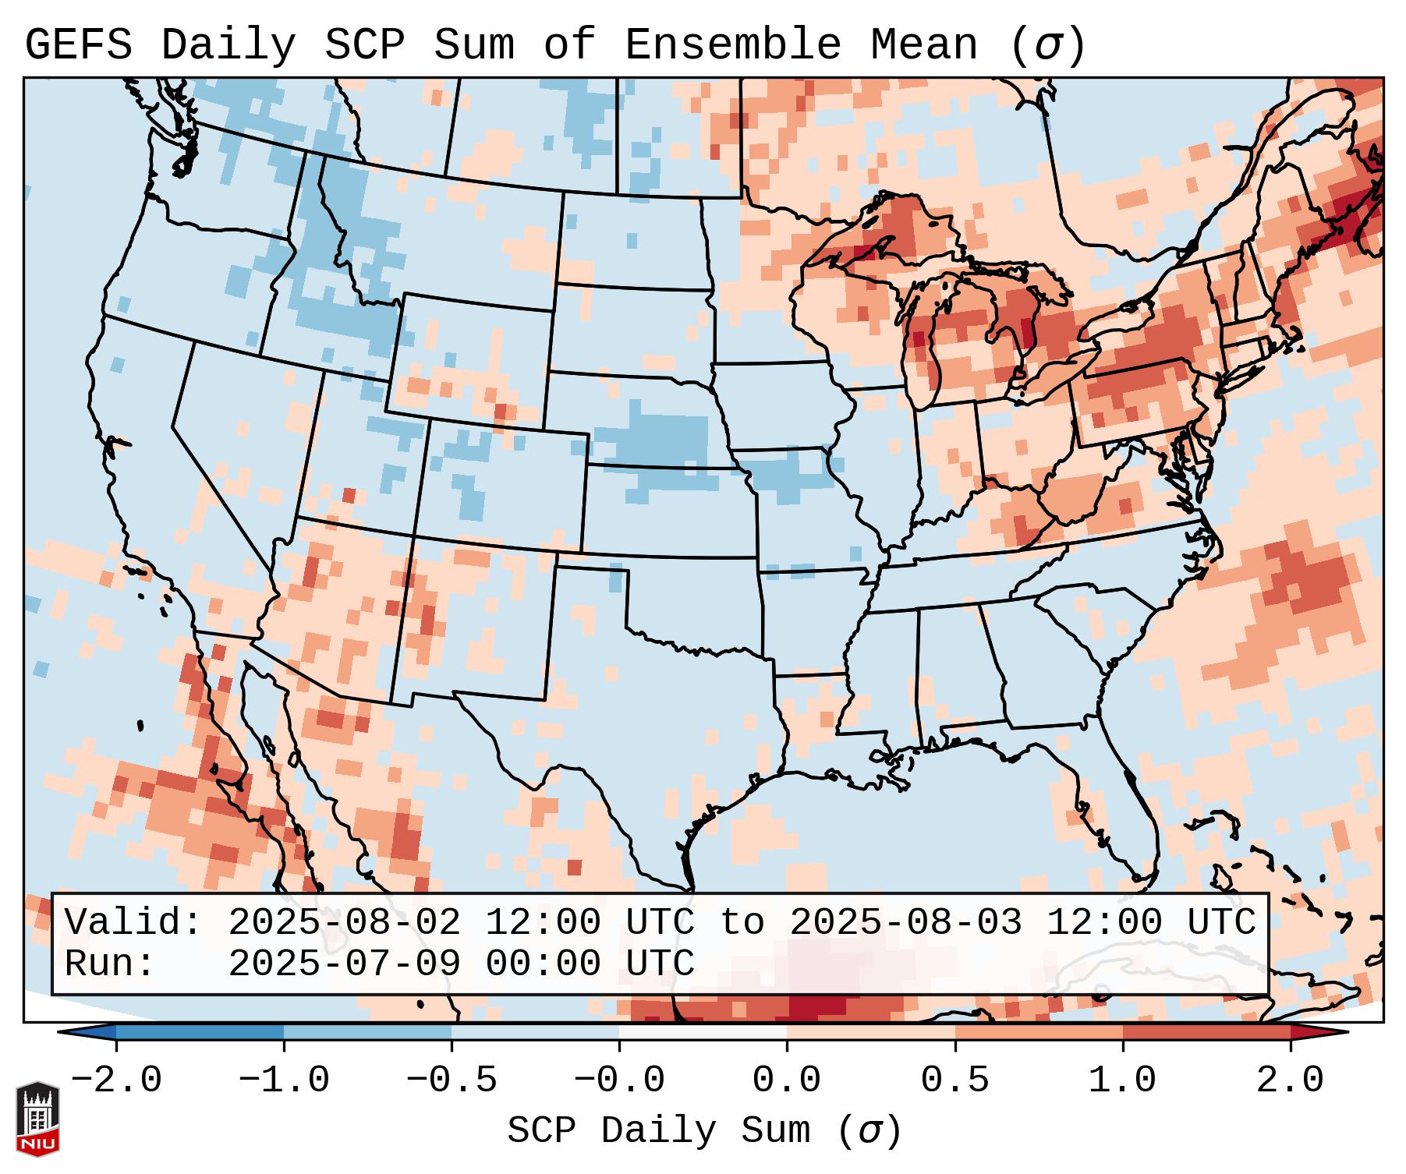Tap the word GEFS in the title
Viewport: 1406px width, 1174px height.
(78, 45)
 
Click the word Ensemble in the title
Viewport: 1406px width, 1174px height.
(733, 45)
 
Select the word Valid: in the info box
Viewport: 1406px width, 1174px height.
(133, 922)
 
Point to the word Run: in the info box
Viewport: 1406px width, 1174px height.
(110, 964)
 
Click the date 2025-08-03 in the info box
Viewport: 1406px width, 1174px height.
(905, 922)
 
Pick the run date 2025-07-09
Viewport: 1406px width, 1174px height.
(344, 964)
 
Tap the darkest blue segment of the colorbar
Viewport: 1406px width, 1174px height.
(200, 1032)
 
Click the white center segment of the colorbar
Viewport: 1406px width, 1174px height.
(703, 1032)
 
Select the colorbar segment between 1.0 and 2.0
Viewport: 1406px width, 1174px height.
(1206, 1032)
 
